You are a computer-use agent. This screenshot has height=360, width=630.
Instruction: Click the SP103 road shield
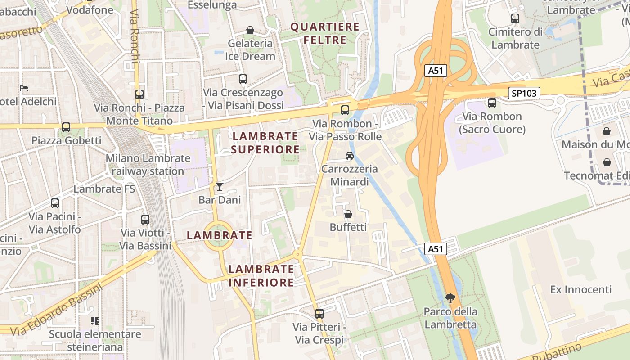tap(524, 93)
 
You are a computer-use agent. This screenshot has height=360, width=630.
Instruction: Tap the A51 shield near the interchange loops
tap(436, 71)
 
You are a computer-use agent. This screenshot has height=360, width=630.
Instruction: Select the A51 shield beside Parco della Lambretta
tap(436, 249)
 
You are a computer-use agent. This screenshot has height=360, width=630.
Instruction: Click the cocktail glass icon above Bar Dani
tap(220, 187)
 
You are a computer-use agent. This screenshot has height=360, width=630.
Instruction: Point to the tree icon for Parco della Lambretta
tap(450, 298)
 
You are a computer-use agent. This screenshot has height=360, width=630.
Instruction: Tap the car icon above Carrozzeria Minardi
tap(349, 156)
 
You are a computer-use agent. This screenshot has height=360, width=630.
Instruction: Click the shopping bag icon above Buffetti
tap(348, 214)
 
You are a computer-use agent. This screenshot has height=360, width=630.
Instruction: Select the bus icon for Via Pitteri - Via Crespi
tap(319, 313)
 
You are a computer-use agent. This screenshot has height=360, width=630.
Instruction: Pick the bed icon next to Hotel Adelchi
tap(24, 88)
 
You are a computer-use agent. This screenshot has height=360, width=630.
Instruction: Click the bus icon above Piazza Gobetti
tap(66, 127)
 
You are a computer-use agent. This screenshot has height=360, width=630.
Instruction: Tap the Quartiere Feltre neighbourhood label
tap(325, 33)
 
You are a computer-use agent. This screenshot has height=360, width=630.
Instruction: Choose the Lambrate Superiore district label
tap(265, 143)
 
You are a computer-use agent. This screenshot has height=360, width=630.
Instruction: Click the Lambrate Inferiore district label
tap(261, 275)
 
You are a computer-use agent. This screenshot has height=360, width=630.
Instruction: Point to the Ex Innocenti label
tap(580, 289)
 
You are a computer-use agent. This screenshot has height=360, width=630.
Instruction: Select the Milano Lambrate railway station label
tap(148, 165)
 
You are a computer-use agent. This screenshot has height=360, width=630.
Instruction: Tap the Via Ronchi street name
tap(135, 36)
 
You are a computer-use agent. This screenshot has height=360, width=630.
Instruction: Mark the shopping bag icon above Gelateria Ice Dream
tap(250, 30)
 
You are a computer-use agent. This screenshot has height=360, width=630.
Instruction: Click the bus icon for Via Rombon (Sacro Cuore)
tap(492, 103)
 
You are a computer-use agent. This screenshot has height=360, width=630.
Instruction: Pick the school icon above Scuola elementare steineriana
tap(95, 321)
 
